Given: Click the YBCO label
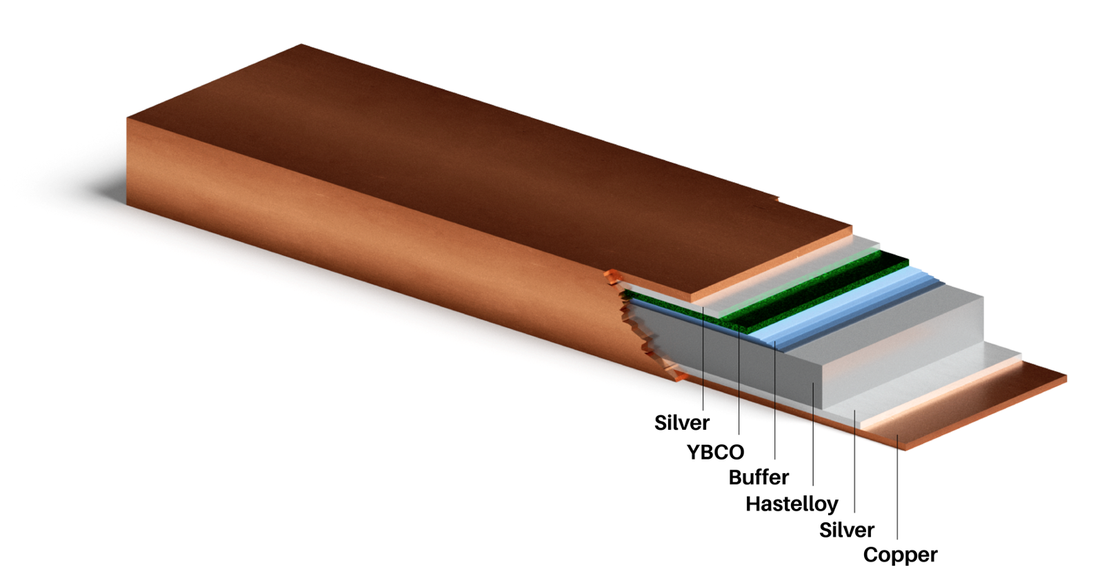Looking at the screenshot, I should click(x=715, y=452).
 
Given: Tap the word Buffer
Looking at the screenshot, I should click(x=759, y=477).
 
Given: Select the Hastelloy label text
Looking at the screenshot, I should click(x=792, y=504).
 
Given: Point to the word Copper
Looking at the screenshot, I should click(x=900, y=555).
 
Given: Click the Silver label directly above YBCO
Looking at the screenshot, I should click(x=681, y=422).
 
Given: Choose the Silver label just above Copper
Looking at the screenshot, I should click(x=846, y=530).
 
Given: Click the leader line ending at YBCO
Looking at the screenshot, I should click(x=739, y=386).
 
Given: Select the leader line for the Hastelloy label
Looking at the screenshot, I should click(x=813, y=435).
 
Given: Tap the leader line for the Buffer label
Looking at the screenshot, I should click(x=775, y=407).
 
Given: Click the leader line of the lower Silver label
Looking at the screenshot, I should click(x=854, y=462).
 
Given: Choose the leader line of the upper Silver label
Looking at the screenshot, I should click(x=703, y=359).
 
